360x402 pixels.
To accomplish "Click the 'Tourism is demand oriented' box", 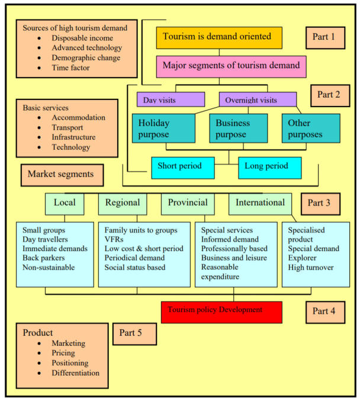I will click(219, 37).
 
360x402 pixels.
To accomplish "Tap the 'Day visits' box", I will click(171, 99).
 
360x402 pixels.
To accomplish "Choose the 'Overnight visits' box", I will click(257, 99).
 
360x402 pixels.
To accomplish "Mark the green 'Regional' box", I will click(122, 203).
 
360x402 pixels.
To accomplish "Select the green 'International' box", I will click(260, 203).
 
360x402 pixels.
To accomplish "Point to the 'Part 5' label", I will click(134, 333).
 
